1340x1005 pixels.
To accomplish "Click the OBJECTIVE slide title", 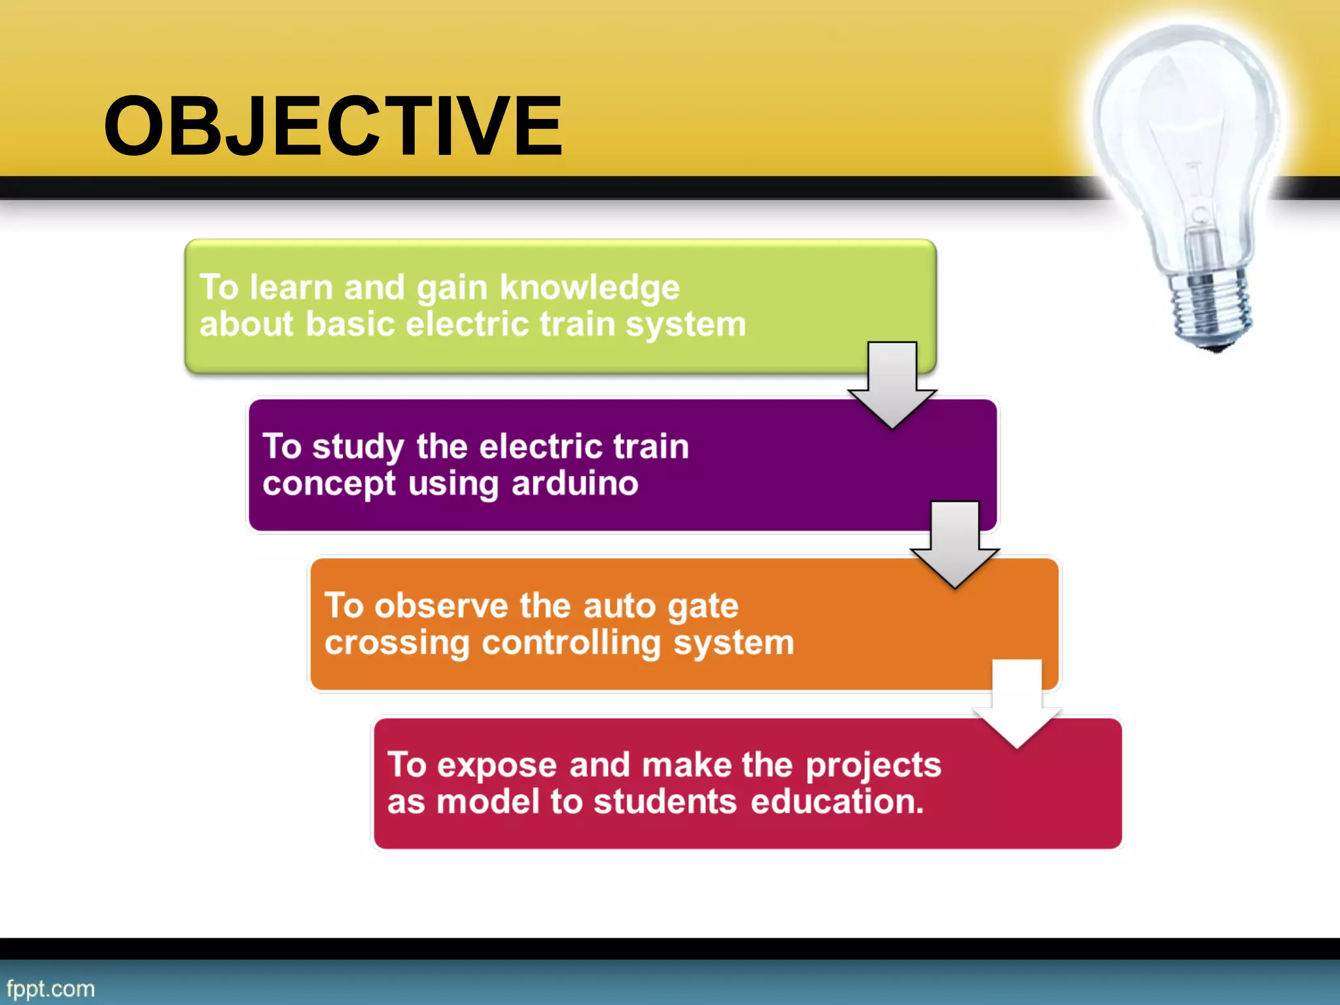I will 332,126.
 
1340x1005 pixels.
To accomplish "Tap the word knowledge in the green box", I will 590,288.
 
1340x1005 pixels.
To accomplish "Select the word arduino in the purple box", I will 574,484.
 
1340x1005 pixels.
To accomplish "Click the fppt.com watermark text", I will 50,988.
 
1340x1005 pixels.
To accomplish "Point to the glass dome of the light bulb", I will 1184,118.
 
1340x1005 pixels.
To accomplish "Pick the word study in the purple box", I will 358,448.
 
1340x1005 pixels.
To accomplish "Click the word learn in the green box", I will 291,288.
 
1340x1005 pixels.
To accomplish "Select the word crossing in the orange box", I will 397,643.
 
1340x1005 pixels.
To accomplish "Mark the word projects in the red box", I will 873,766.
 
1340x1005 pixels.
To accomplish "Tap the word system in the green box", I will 685,325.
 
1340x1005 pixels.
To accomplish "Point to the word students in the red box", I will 665,802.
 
